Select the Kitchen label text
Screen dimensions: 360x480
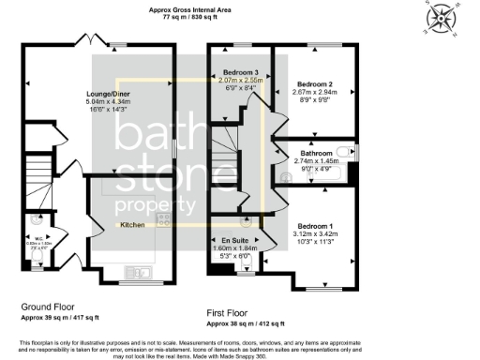click(x=131, y=226)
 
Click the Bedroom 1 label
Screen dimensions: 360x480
click(x=315, y=226)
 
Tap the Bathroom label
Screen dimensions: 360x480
click(x=317, y=153)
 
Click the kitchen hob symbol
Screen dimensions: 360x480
click(x=163, y=220)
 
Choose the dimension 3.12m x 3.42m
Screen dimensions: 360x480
click(x=315, y=234)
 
